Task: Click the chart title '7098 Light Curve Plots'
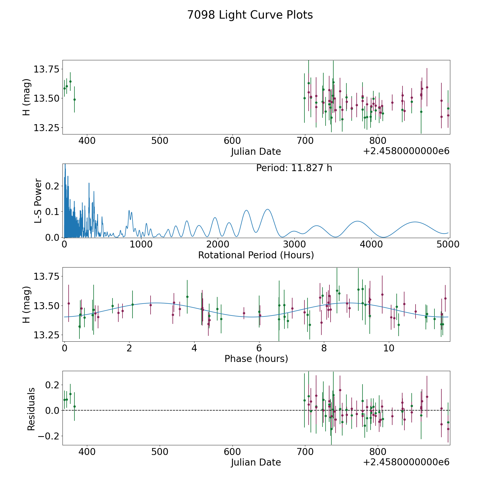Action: tap(250, 15)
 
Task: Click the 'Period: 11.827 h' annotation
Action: tap(294, 168)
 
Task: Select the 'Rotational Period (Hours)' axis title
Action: tap(256, 255)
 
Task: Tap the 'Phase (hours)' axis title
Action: tap(256, 359)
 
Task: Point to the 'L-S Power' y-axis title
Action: tap(38, 201)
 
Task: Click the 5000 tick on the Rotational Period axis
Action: tap(448, 244)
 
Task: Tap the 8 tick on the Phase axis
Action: tap(324, 348)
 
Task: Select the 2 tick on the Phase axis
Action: tap(129, 348)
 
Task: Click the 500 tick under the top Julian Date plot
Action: tap(160, 141)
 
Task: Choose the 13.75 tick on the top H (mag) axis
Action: tap(47, 69)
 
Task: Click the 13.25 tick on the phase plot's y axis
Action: tap(47, 335)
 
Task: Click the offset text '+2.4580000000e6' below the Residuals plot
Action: tap(406, 462)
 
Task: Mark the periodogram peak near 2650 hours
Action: tap(267, 209)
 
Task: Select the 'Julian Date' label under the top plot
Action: tap(256, 152)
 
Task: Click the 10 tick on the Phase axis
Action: tap(389, 348)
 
